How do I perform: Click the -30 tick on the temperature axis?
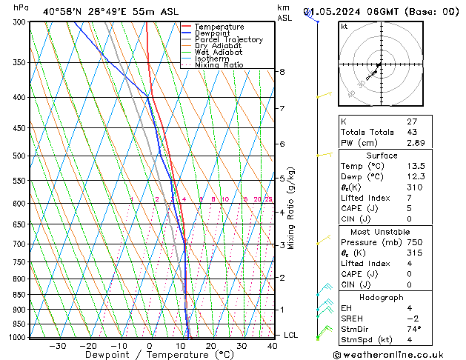click(57, 346)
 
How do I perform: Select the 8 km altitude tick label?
click(282, 72)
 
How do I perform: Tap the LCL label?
click(291, 336)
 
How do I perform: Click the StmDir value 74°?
click(414, 330)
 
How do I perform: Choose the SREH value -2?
click(413, 319)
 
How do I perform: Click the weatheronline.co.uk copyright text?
click(398, 354)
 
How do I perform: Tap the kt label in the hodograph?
click(344, 27)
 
